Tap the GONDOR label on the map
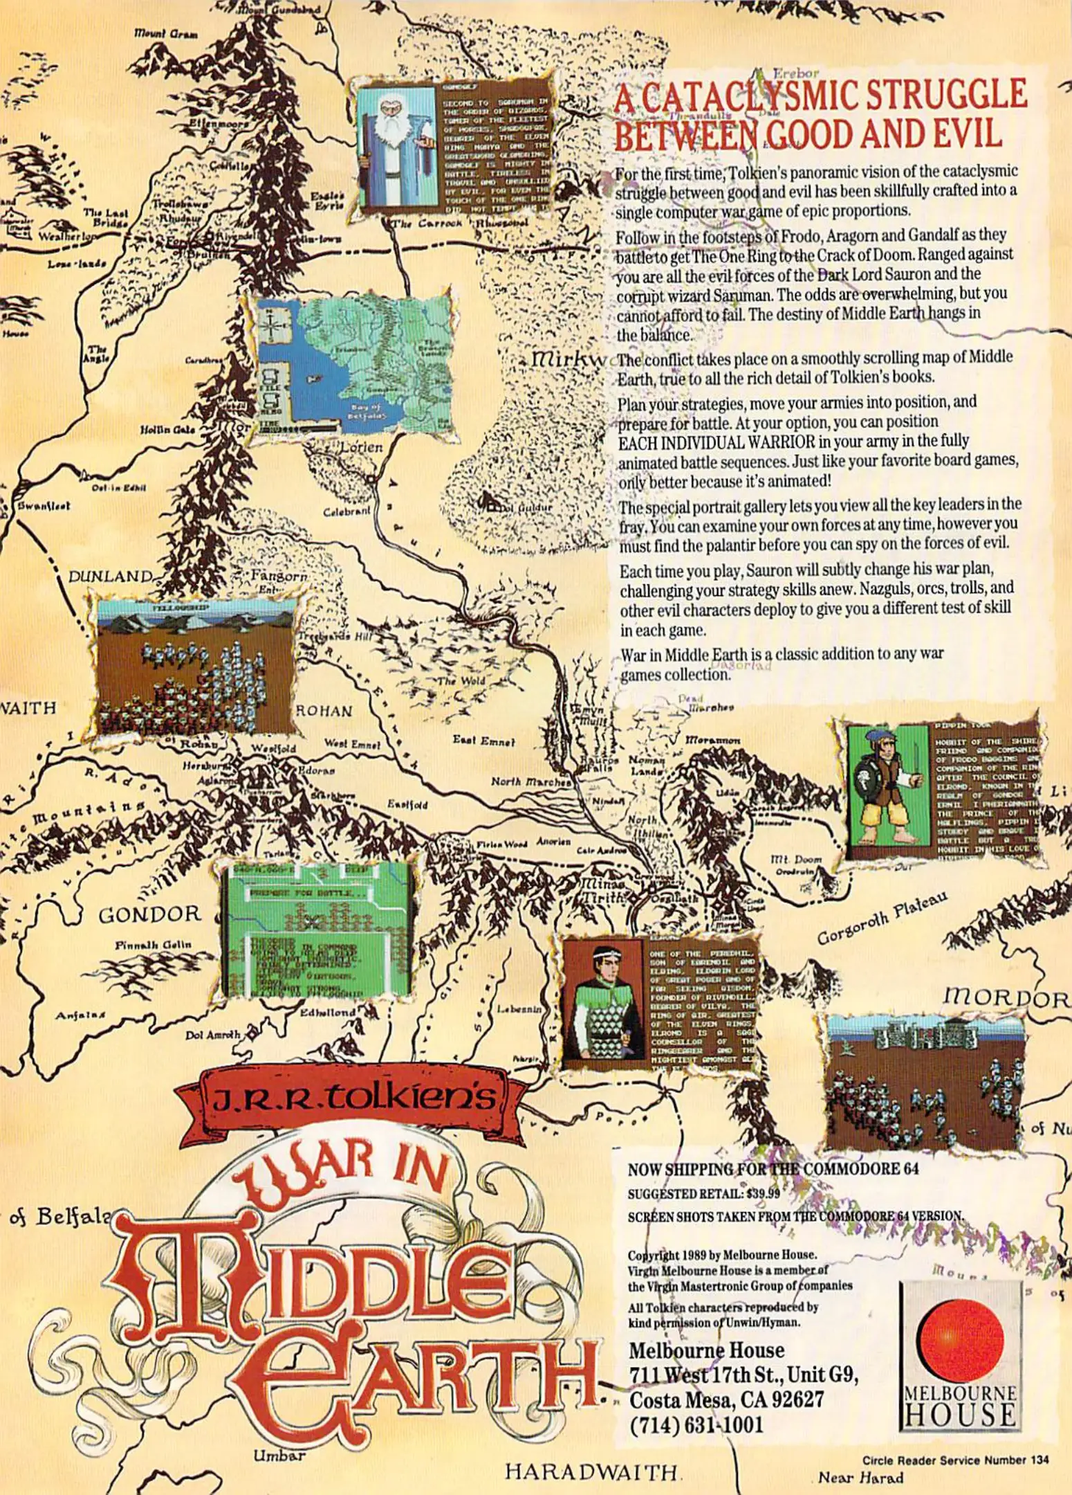(150, 915)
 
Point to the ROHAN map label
(324, 711)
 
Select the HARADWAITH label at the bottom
(591, 1471)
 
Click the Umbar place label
(279, 1456)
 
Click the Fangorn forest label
(279, 576)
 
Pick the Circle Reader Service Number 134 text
(955, 1460)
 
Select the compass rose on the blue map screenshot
(272, 323)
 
